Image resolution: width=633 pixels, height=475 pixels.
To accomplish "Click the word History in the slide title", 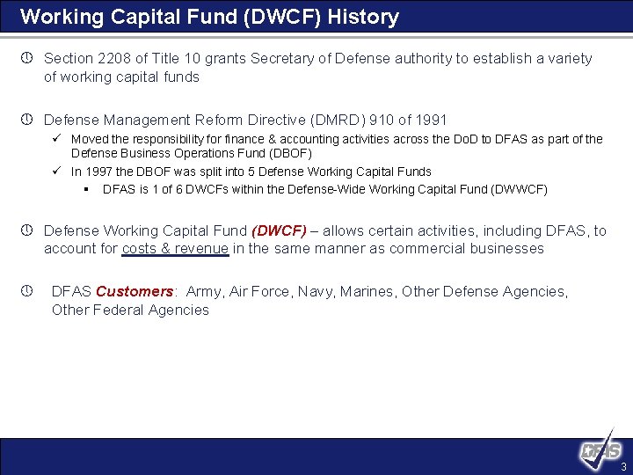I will point(363,16).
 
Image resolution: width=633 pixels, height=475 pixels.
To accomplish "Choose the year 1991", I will point(430,120).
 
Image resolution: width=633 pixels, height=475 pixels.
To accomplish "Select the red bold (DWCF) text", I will point(279,230).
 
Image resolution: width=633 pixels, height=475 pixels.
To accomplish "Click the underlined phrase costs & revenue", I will point(176,249).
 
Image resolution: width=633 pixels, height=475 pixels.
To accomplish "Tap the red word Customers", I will point(135,291).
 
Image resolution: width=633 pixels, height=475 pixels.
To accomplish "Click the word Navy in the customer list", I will point(324,291).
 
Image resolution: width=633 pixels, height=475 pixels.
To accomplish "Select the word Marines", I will point(369,291).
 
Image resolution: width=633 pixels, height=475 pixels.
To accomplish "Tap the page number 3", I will point(623,466).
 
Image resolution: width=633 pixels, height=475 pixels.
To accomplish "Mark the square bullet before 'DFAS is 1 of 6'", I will point(86,189).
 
